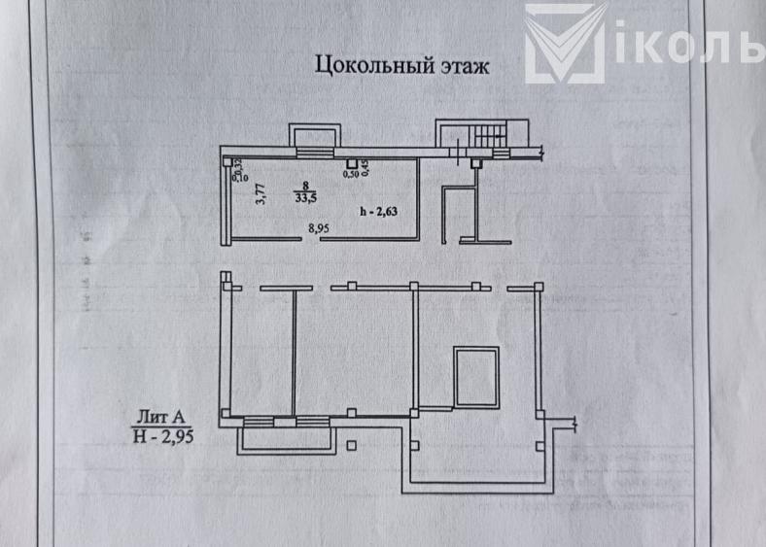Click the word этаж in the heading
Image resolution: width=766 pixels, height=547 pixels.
tap(457, 67)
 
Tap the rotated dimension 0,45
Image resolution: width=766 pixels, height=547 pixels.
tap(366, 168)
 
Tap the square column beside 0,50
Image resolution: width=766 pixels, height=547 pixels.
tap(351, 162)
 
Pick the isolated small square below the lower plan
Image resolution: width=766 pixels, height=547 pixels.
tap(352, 446)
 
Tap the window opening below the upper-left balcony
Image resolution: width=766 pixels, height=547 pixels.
tap(313, 153)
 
